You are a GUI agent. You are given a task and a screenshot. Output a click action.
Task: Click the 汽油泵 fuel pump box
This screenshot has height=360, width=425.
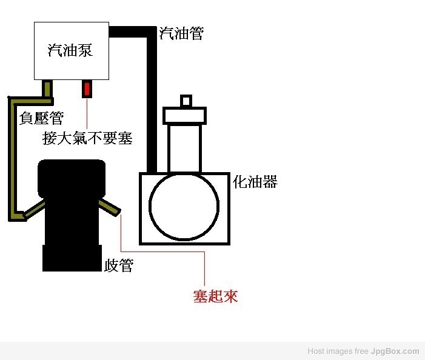(72, 51)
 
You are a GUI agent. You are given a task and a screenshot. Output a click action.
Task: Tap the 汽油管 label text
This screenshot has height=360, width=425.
(181, 33)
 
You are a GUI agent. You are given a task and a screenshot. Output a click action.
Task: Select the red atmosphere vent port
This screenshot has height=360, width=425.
(87, 89)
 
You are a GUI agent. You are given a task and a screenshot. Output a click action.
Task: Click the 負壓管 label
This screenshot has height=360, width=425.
(41, 118)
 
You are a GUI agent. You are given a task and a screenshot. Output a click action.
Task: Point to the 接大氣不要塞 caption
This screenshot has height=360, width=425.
(87, 138)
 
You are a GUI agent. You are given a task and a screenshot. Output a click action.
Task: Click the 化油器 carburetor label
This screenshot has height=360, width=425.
(255, 181)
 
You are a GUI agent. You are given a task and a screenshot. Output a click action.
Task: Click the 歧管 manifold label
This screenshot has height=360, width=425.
(119, 265)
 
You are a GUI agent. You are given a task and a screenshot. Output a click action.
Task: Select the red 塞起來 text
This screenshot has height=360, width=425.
(215, 296)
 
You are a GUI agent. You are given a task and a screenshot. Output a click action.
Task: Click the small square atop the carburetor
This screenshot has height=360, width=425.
(186, 101)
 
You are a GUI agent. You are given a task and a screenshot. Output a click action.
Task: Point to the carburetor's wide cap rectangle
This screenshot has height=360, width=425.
(184, 116)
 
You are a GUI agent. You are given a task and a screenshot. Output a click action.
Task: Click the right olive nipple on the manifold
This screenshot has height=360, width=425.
(110, 208)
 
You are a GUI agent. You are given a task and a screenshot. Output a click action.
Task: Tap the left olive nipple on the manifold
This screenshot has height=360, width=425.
(35, 209)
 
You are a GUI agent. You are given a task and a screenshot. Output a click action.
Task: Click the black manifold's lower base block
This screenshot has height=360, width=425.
(72, 258)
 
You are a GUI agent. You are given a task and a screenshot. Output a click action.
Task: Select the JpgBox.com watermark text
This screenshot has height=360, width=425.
(395, 352)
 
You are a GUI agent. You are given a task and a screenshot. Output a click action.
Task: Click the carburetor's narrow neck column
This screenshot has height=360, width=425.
(184, 148)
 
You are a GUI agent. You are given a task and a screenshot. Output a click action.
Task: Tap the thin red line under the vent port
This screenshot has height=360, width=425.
(87, 113)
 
